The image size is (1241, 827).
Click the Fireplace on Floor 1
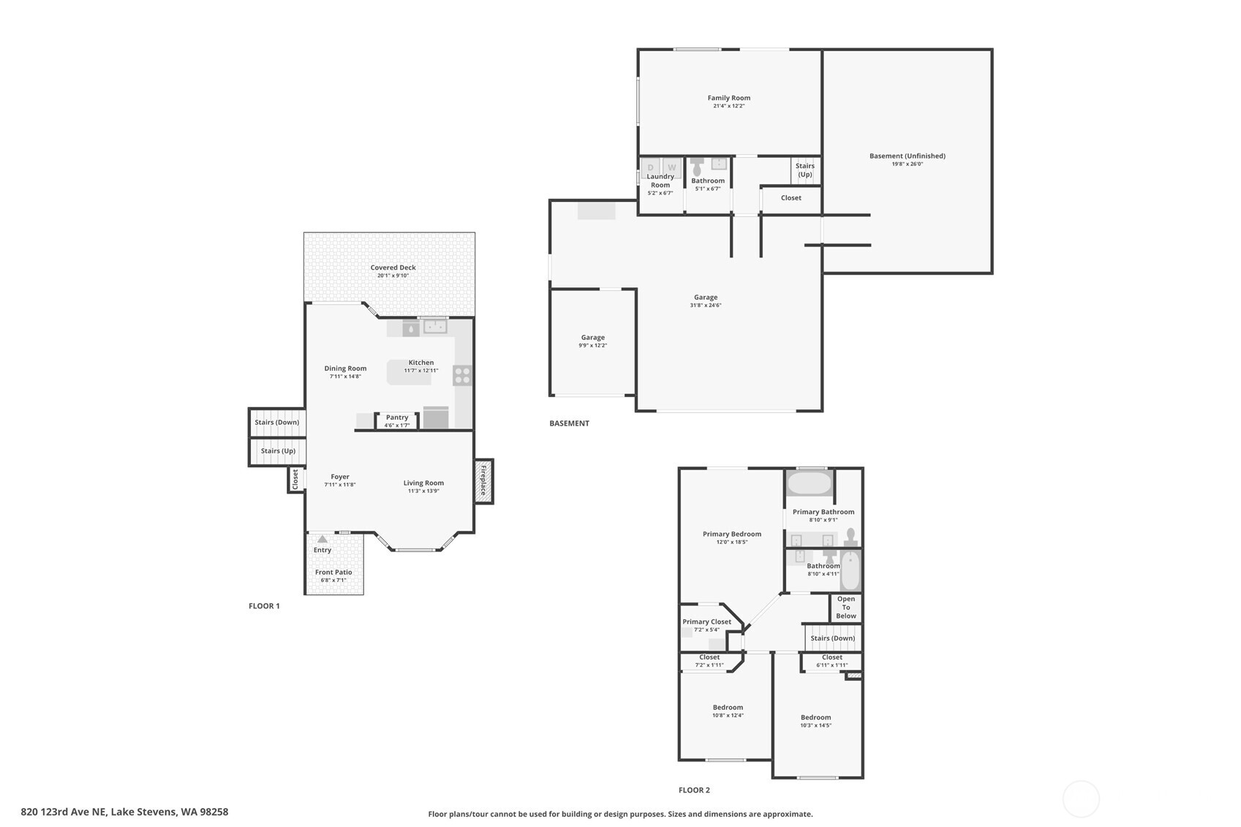tap(483, 481)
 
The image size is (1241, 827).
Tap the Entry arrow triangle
tap(322, 539)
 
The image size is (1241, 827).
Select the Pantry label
tap(397, 418)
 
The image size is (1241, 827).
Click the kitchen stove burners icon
tap(462, 376)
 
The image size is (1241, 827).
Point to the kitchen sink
tap(435, 326)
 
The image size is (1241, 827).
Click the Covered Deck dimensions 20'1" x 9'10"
tap(393, 276)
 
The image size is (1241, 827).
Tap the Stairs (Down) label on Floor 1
tap(276, 423)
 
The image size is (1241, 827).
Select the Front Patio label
tap(333, 573)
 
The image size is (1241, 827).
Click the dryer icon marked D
tap(650, 167)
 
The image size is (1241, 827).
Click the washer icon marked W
tap(671, 167)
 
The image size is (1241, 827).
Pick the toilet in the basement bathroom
tap(697, 167)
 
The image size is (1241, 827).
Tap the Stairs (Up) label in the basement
tap(804, 170)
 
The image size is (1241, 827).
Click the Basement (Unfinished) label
tap(907, 156)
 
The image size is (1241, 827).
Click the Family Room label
tap(728, 98)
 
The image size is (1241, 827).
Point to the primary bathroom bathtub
tap(810, 483)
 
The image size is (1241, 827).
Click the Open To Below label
tap(846, 608)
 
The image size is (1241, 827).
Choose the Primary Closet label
tap(706, 622)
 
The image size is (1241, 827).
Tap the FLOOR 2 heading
tap(694, 790)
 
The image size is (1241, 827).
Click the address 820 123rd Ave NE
tap(124, 812)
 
